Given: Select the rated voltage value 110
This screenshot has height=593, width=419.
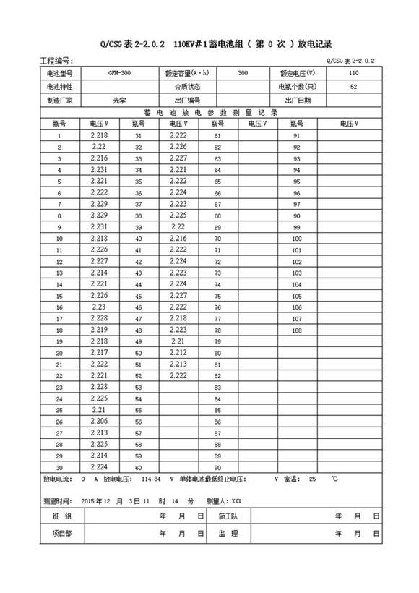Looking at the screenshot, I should [353, 74].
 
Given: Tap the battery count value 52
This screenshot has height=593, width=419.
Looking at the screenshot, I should [353, 87].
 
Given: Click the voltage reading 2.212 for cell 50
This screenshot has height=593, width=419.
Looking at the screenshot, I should [178, 352].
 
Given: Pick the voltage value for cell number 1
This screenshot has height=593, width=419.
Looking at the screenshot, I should [100, 135].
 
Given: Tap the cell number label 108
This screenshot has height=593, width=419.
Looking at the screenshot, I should [296, 330].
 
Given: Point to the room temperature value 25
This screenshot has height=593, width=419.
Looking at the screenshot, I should [312, 479].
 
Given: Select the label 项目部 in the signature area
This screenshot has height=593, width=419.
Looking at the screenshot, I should [62, 533].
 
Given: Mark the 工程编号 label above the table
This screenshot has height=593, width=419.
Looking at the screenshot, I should [58, 61].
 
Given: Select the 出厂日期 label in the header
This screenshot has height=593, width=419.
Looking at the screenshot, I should [297, 101].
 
